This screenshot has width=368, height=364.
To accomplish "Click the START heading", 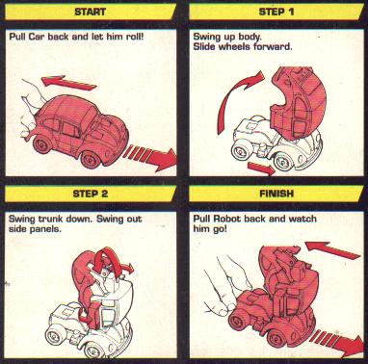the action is tap(91, 12).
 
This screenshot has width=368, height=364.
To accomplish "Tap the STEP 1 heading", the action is tap(276, 12).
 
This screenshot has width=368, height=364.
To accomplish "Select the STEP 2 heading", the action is tap(91, 194).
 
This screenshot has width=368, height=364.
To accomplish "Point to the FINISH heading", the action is tap(276, 194).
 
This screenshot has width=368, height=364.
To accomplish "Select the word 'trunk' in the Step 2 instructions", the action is tap(51, 220).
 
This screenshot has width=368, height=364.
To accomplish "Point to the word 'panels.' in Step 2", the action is tap(47, 229).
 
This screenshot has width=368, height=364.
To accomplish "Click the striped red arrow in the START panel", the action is tap(150, 156).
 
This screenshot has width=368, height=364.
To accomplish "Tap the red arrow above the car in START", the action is tap(68, 82).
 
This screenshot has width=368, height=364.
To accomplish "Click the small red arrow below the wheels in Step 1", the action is tap(261, 169).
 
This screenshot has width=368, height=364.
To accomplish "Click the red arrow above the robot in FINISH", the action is tap(332, 250).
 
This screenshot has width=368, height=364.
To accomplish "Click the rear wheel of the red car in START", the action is tap(42, 144).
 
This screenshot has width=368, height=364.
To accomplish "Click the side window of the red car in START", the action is tap(71, 130).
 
